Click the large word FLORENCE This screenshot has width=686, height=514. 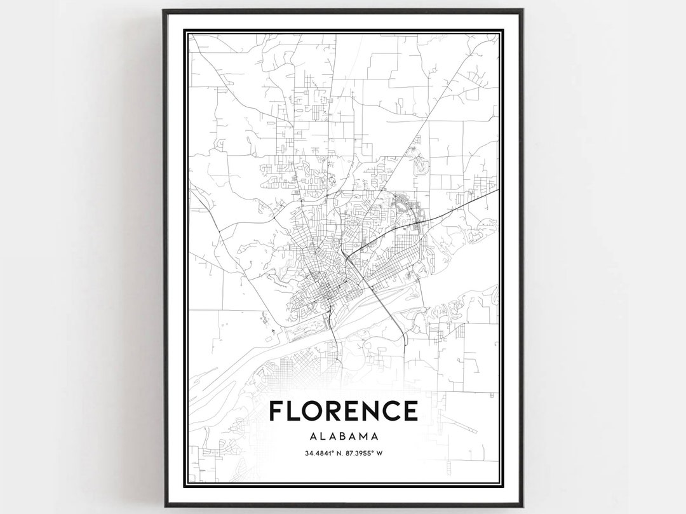(343, 411)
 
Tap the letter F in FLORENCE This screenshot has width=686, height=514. (277, 411)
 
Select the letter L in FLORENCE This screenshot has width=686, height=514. (293, 411)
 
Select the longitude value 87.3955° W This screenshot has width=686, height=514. (365, 454)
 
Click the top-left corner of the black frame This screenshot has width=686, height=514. (164, 10)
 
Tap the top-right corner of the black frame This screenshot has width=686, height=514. (522, 10)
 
